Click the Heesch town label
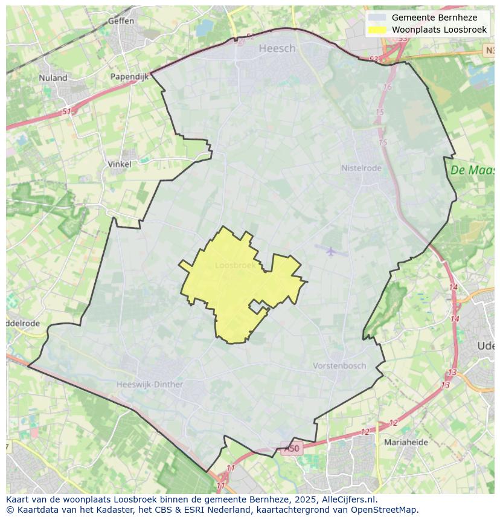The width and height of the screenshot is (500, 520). [x=277, y=49]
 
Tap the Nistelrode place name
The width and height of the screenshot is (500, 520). [x=361, y=168]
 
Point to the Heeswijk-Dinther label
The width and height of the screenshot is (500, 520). [x=150, y=384]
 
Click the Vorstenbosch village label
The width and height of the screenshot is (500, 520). [x=339, y=365]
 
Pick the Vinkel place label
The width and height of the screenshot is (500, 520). [x=119, y=164]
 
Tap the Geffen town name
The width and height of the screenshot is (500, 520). [x=121, y=21]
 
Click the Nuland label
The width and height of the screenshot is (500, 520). [x=53, y=77]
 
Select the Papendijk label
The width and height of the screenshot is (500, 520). [x=129, y=77]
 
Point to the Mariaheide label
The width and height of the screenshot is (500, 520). [x=406, y=442]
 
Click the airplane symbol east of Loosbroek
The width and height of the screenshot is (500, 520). [x=330, y=250]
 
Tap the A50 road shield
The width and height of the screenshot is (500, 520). [x=291, y=448]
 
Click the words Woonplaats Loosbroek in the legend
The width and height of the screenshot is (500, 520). [x=439, y=30]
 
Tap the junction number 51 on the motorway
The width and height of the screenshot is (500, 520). [x=66, y=112]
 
